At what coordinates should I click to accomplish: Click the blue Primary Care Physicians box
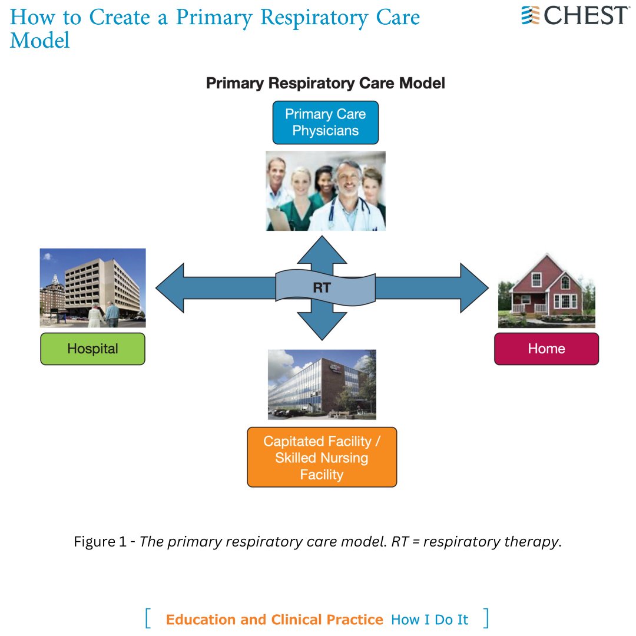(x=325, y=122)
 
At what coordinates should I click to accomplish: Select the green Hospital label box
(x=92, y=349)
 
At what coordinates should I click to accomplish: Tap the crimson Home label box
(x=546, y=349)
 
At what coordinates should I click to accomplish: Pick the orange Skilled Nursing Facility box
(x=322, y=458)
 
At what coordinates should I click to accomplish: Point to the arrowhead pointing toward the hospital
(x=171, y=288)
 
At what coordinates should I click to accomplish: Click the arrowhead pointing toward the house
(x=474, y=288)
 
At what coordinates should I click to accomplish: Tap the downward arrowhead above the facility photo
(x=322, y=326)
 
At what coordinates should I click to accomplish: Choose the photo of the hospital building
(x=92, y=287)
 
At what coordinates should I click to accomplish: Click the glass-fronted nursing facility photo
(x=322, y=384)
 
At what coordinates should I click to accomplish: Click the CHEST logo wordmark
(x=586, y=15)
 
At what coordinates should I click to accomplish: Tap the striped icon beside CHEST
(x=531, y=15)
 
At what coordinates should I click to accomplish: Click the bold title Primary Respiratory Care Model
(x=325, y=84)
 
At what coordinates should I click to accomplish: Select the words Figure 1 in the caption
(x=99, y=542)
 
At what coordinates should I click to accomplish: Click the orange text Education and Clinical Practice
(x=274, y=620)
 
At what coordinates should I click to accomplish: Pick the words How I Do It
(x=430, y=620)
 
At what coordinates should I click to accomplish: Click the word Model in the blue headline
(x=40, y=40)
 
